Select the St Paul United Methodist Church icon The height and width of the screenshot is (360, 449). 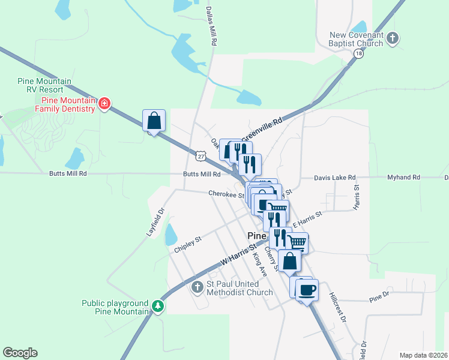coord(197,287)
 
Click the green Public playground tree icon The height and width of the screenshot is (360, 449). coord(157,307)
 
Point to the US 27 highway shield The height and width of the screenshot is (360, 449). coord(200,155)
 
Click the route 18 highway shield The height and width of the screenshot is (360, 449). coord(358,53)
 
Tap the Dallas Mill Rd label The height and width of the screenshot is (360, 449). coord(211,27)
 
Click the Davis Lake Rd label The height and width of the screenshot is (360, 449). coord(336,178)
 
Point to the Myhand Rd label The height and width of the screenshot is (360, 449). coord(404,178)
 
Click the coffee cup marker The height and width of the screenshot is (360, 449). coord(307,290)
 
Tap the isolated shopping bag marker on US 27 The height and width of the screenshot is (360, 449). coord(154,121)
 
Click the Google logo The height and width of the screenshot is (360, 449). coord(20,353)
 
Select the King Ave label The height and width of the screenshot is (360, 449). coord(259,263)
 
